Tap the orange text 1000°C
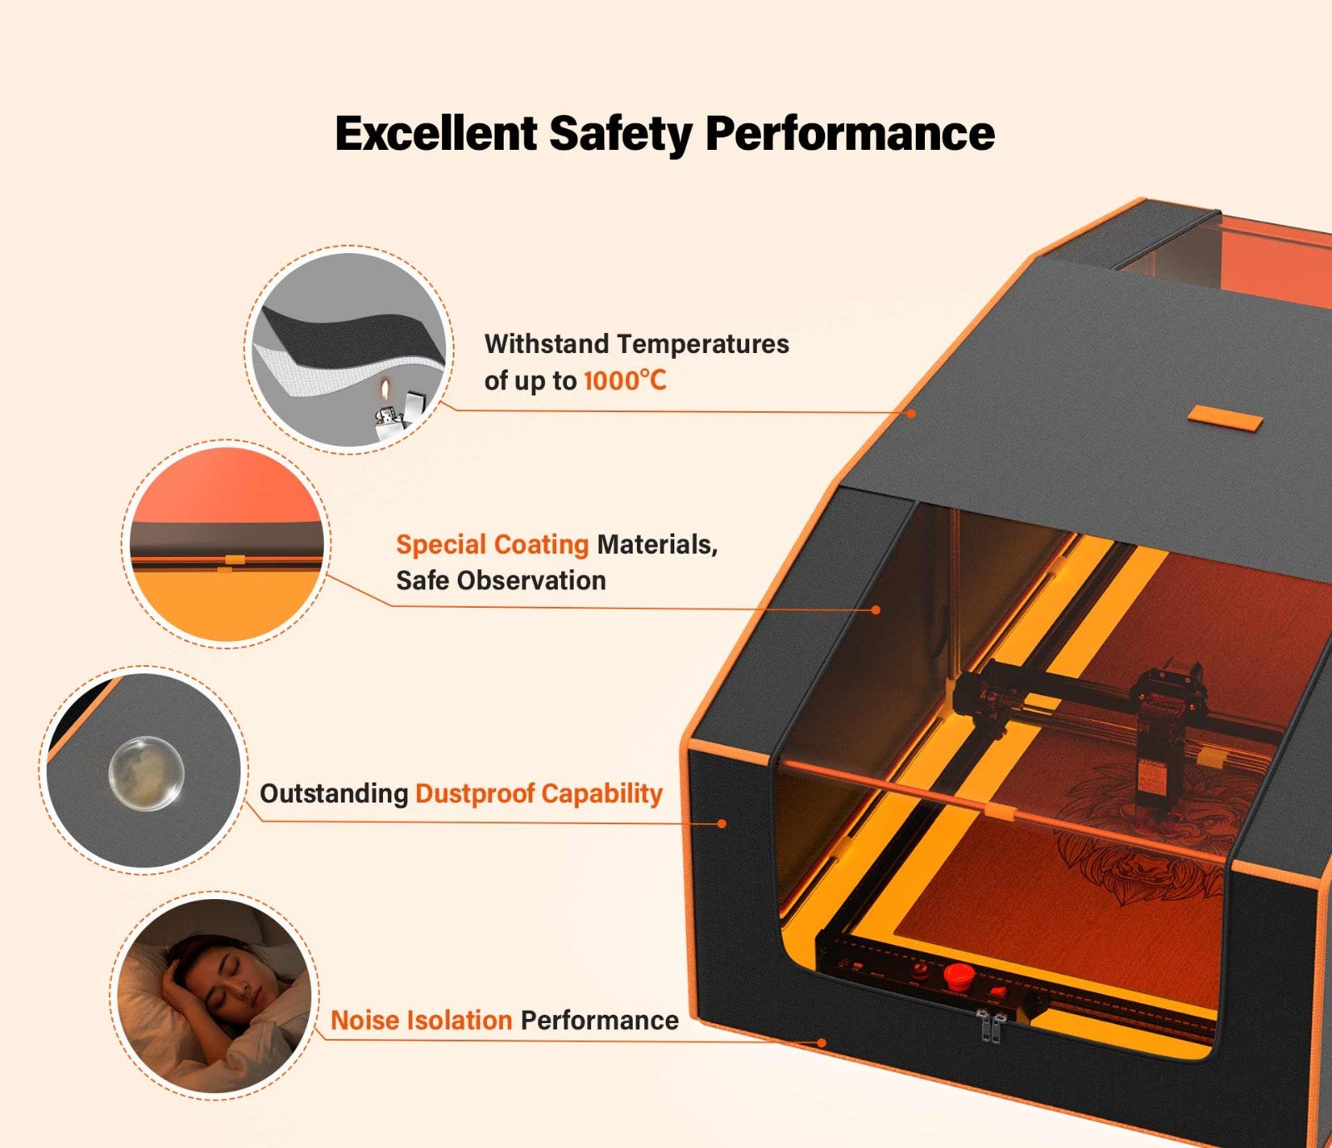click(x=624, y=381)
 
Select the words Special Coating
click(x=492, y=544)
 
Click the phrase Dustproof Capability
click(x=539, y=793)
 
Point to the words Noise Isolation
click(x=421, y=1020)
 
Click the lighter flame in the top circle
click(x=385, y=390)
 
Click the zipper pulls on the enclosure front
click(x=990, y=1027)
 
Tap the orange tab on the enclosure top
click(x=1225, y=417)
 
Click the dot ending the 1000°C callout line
click(x=912, y=413)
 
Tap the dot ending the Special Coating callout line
click(x=876, y=610)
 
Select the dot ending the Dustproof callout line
click(x=723, y=823)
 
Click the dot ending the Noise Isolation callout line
click(x=822, y=1042)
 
